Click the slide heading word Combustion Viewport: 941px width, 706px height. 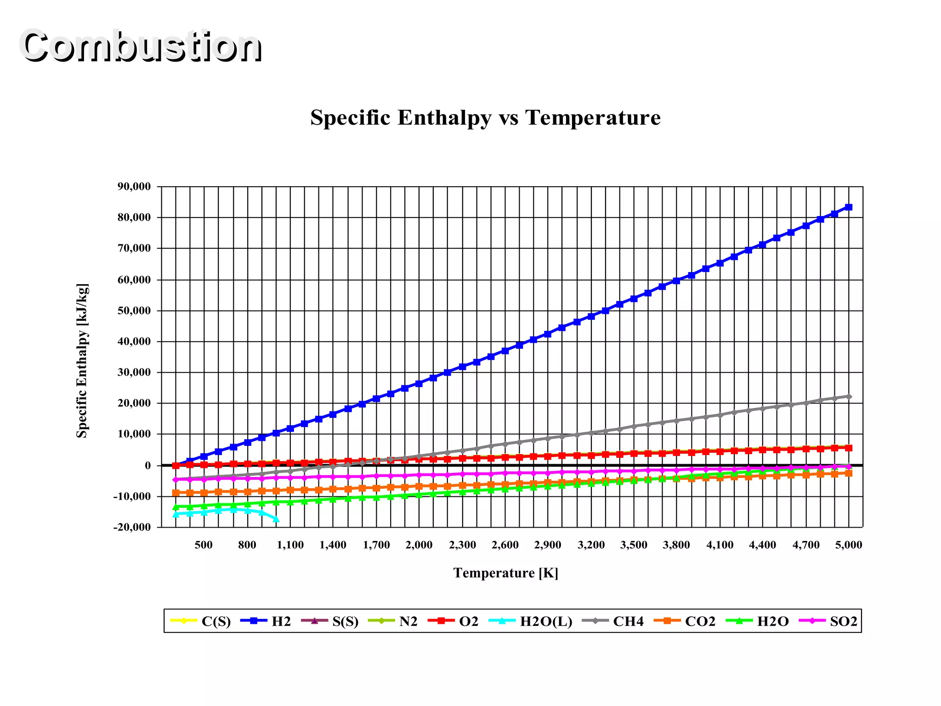coord(141,46)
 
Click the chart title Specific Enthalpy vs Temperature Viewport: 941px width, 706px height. coord(485,118)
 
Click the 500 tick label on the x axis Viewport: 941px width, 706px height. coord(204,545)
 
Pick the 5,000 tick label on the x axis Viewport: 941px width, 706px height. coord(848,545)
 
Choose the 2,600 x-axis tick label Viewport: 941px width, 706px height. coord(505,545)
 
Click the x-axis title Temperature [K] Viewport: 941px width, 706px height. coord(505,573)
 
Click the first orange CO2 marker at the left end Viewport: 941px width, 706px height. coord(176,493)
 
